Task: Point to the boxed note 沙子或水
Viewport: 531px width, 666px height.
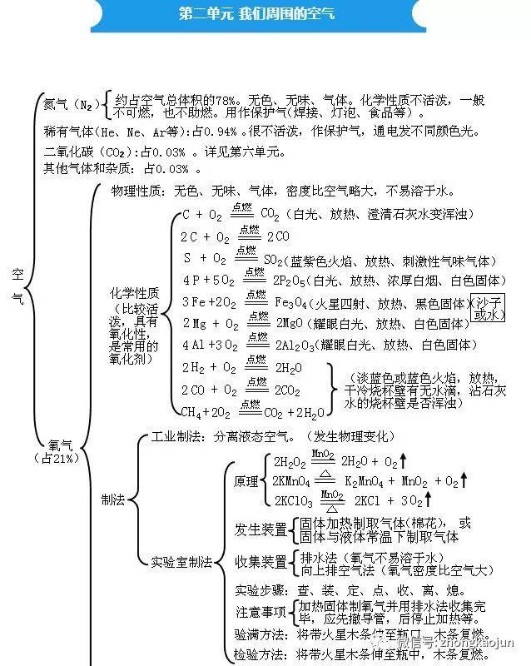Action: [x=489, y=308]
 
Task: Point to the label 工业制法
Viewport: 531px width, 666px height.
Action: [x=177, y=435]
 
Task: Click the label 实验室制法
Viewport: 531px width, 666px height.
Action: [x=181, y=561]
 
